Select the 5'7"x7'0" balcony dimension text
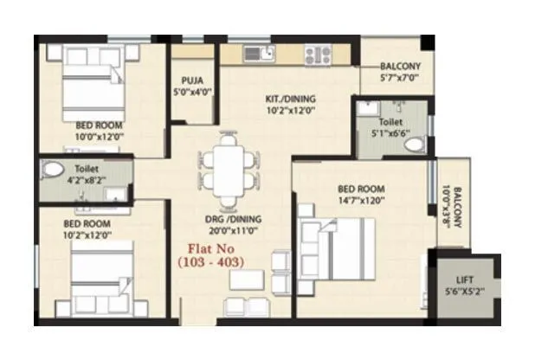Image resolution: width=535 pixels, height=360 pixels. click(x=400, y=78)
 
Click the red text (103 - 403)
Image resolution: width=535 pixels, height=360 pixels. click(x=210, y=260)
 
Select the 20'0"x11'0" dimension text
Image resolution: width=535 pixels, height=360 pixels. click(x=228, y=230)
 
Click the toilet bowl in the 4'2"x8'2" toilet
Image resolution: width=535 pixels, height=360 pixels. click(x=54, y=170)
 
